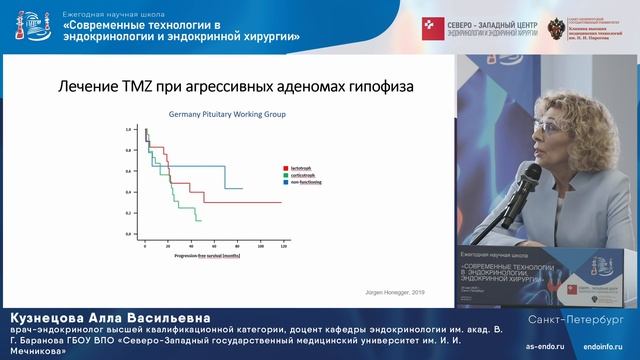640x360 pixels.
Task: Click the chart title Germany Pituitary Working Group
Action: (x=226, y=115)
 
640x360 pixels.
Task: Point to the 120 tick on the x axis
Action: (x=284, y=245)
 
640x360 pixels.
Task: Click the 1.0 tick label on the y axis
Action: (x=129, y=130)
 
